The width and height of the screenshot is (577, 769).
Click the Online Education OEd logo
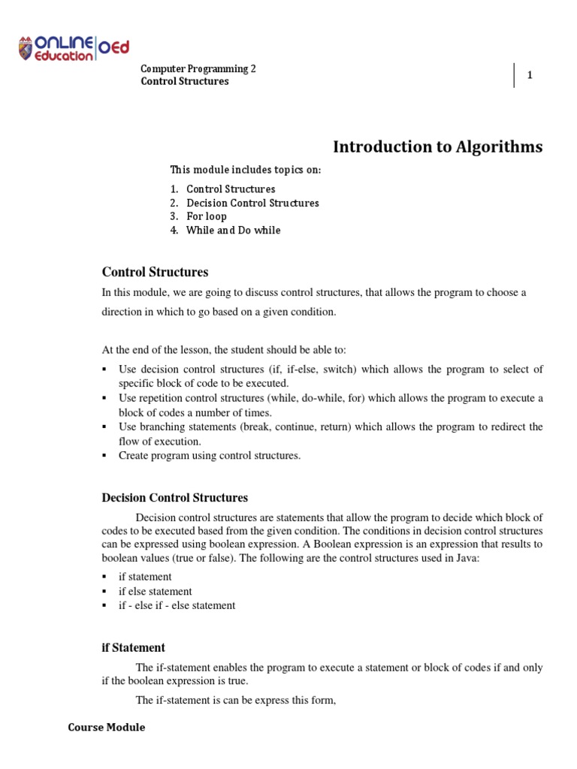(x=74, y=48)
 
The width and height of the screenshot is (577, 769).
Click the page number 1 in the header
(x=530, y=75)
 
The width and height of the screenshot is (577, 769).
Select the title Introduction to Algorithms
(x=437, y=147)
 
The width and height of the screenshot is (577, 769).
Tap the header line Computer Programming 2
(x=198, y=68)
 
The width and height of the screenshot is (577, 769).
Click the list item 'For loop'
(x=206, y=216)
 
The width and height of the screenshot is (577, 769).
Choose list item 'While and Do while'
(x=233, y=231)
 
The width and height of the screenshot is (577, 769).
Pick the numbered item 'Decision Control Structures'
(x=252, y=203)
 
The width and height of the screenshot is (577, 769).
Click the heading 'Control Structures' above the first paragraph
(x=155, y=272)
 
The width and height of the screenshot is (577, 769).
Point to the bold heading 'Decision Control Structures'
(x=174, y=497)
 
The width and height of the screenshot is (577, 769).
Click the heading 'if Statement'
(x=133, y=647)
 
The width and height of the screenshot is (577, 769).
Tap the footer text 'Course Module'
(x=106, y=727)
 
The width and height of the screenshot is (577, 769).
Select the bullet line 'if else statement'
(x=155, y=591)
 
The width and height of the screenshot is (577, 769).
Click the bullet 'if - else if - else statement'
(x=177, y=605)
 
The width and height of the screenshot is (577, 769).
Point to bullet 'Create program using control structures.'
(x=209, y=456)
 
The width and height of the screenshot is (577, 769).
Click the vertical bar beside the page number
(x=515, y=75)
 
